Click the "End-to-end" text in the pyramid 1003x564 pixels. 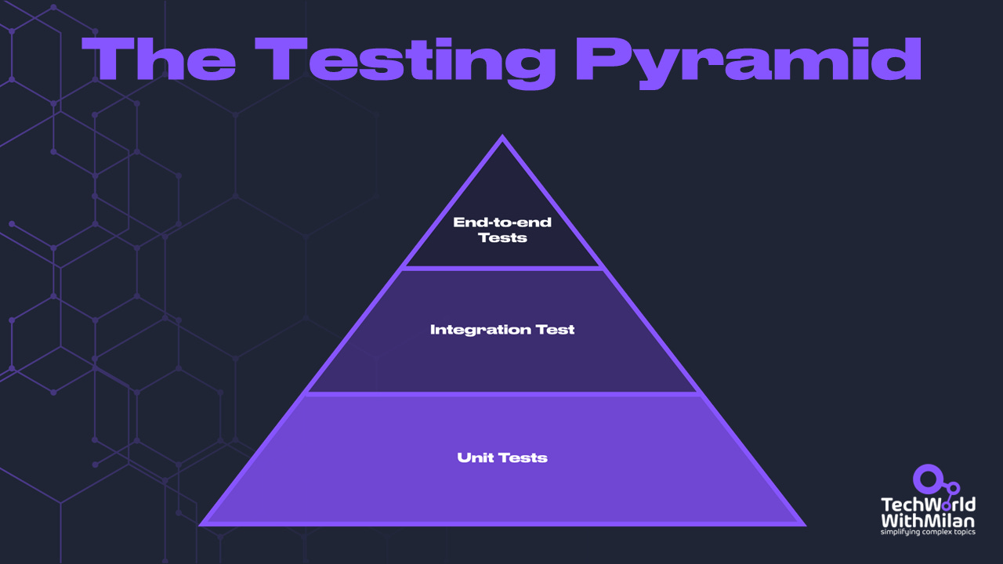pos(502,222)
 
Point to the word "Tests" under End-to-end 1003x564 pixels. pos(502,237)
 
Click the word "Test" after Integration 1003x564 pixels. pos(555,330)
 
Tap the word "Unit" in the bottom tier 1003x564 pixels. pos(473,457)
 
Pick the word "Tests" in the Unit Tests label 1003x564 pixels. pos(524,457)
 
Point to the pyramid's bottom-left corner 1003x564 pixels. pos(203,523)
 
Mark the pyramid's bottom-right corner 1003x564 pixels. pos(803,523)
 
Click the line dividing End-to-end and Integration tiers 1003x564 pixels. pos(502,269)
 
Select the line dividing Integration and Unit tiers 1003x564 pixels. pos(502,393)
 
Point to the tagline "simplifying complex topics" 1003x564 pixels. pos(928,532)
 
